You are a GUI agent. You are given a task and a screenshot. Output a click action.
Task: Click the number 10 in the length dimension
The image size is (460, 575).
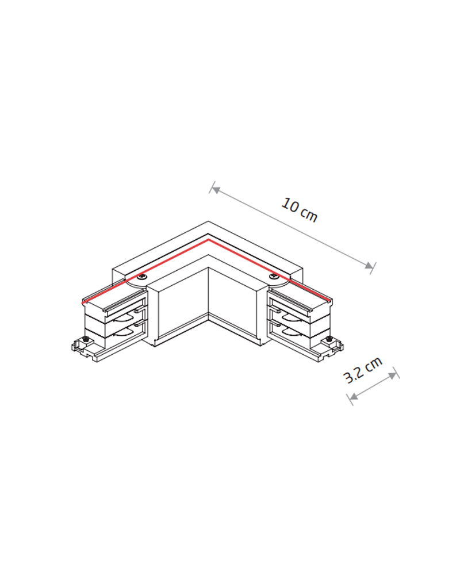tap(290, 205)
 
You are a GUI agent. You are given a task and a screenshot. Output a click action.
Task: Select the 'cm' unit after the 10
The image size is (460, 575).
tap(309, 214)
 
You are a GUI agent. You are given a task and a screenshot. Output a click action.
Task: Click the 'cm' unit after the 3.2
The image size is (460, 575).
tap(374, 363)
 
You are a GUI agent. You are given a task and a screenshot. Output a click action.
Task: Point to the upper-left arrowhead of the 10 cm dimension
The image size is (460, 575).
tap(216, 190)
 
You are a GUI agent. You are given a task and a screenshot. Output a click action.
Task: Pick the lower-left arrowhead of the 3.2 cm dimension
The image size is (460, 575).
tap(354, 396)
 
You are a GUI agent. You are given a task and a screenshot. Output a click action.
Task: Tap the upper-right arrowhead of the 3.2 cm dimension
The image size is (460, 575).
tap(393, 375)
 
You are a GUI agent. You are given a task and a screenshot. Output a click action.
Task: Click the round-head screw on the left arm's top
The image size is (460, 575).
tap(142, 278)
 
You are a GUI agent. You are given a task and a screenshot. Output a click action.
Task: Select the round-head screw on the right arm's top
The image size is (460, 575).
tap(273, 277)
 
